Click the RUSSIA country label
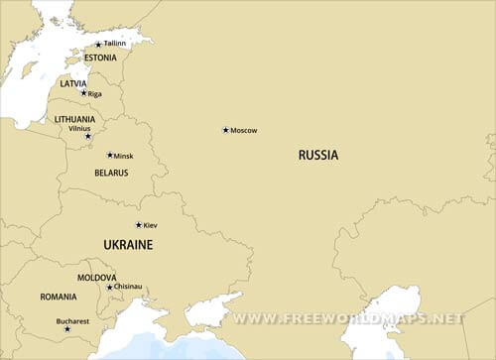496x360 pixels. [318, 155]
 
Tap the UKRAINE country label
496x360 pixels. [128, 244]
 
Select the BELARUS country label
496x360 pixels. [111, 173]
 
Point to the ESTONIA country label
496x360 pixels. [100, 58]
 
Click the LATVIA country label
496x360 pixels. [73, 83]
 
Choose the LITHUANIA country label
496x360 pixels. [75, 119]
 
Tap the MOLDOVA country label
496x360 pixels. [97, 278]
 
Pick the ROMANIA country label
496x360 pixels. [59, 297]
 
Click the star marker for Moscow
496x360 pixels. [225, 130]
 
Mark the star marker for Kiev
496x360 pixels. [138, 225]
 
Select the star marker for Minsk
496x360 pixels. [109, 155]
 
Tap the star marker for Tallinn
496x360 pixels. [97, 44]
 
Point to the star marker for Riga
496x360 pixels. [83, 93]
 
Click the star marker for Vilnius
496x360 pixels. [87, 136]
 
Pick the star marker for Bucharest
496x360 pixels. [67, 329]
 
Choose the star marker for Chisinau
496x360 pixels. [109, 287]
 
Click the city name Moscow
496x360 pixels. [244, 131]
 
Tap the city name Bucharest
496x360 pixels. [72, 320]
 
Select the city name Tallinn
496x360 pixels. [115, 44]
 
